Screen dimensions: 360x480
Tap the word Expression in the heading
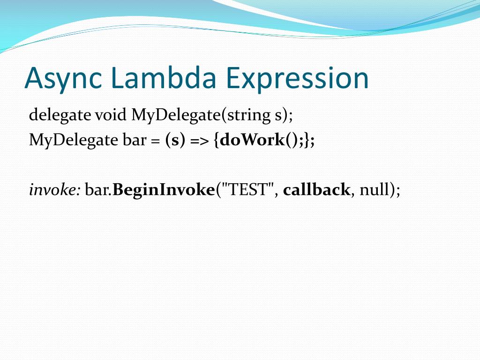coord(298,78)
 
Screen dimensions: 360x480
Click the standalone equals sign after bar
coord(154,140)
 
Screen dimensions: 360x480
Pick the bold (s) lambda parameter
coord(174,140)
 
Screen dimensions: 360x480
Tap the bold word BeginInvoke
coord(163,190)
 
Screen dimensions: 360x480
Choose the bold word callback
coord(316,190)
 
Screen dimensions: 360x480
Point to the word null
coord(373,190)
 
